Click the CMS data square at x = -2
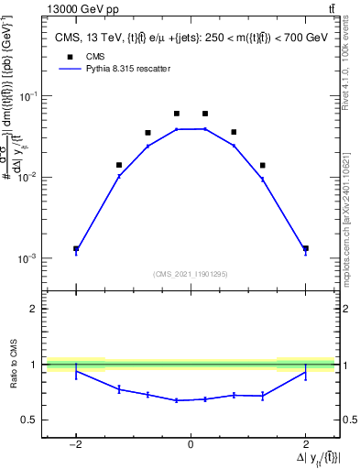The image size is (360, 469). click(76, 248)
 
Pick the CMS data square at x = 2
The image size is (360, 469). click(305, 248)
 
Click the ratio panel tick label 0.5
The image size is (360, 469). click(30, 420)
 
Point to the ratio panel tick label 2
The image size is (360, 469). click(35, 309)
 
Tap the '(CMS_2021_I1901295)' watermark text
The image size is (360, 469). click(191, 274)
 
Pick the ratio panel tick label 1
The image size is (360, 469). click(35, 365)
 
